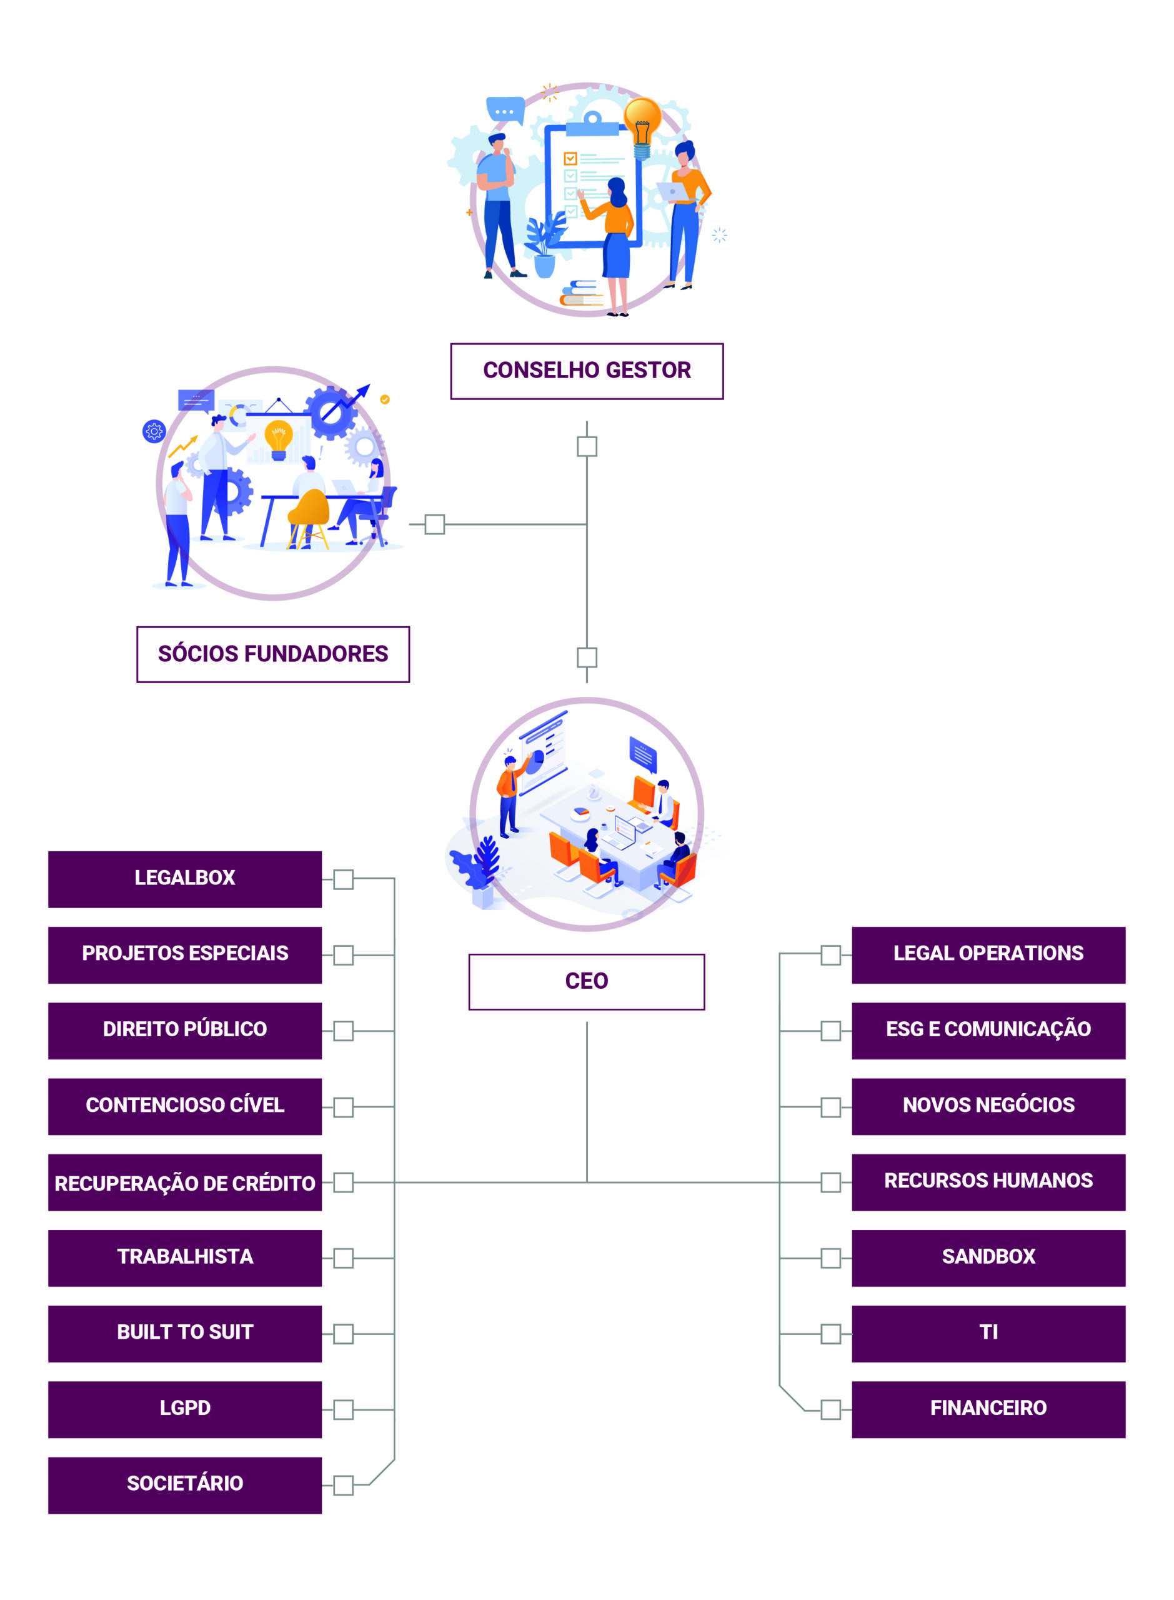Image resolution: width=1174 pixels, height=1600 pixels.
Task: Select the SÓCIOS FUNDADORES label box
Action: click(273, 654)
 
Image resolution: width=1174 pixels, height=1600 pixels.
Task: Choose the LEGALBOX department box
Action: click(185, 879)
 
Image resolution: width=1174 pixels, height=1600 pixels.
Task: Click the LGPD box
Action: click(185, 1409)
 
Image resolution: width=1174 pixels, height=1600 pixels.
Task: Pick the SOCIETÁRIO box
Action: click(185, 1484)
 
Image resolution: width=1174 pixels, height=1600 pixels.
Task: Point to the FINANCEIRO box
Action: click(988, 1409)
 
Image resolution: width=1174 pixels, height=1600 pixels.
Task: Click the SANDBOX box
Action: click(988, 1257)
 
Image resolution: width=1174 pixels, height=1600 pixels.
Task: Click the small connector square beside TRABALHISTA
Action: click(343, 1258)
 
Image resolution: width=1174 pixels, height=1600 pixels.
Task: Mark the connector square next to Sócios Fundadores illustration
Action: click(434, 524)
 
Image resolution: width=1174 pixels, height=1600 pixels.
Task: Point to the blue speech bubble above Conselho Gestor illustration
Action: click(505, 110)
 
